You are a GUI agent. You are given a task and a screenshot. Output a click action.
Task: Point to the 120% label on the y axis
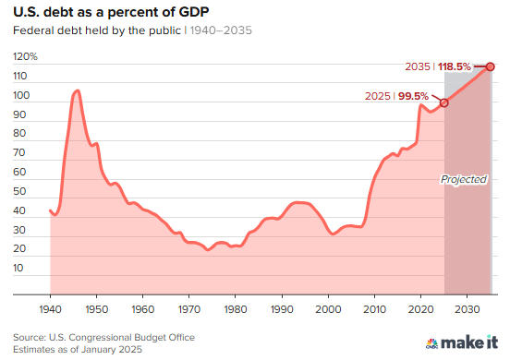pos(26,56)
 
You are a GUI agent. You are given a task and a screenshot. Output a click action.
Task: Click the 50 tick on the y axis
pos(21,191)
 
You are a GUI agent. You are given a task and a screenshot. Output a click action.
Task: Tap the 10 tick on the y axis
pos(21,268)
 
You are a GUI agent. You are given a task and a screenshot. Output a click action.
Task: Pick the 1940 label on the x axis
pos(50,308)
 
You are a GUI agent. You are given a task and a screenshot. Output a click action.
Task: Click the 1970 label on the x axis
pos(188,308)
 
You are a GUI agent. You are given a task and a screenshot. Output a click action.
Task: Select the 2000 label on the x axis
pos(328,308)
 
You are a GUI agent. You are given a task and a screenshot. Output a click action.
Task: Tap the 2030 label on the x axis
pos(467,308)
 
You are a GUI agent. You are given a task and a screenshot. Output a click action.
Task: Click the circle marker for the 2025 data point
pos(444,102)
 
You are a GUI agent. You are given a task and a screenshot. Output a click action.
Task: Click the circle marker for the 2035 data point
pos(491,66)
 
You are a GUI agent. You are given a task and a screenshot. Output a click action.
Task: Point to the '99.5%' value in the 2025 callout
pos(412,95)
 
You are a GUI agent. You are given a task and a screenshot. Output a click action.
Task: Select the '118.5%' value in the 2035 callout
pos(455,66)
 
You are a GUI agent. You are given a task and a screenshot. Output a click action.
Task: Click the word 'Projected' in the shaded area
pos(464,179)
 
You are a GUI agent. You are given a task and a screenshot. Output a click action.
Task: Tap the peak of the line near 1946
pos(77,90)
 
